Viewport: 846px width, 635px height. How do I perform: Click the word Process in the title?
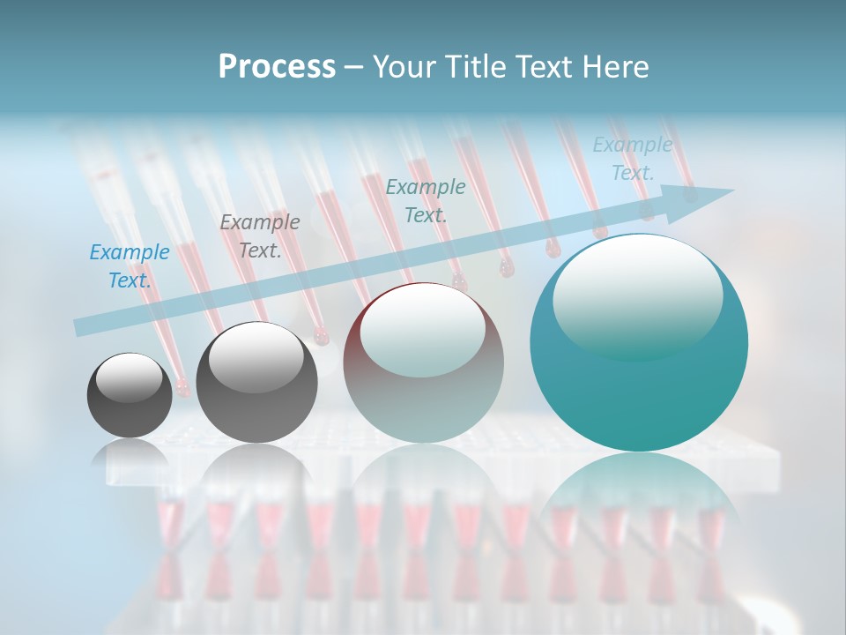(277, 67)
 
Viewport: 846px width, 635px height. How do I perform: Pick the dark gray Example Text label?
(259, 236)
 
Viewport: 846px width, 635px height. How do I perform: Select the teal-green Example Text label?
(426, 201)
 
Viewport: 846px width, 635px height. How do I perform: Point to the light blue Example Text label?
(632, 159)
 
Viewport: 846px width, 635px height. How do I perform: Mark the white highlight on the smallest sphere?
(130, 377)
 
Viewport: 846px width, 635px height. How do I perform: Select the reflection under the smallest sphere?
(130, 454)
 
